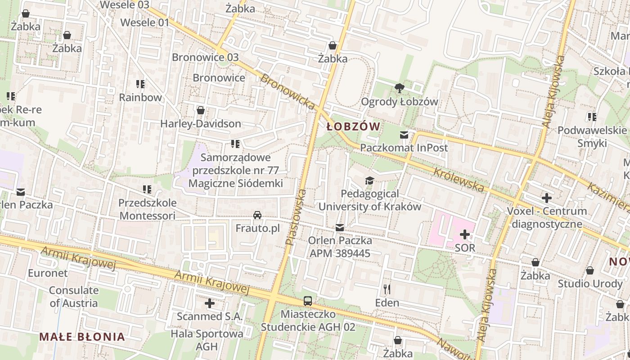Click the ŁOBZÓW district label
point(353,127)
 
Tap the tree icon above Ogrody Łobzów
point(399,88)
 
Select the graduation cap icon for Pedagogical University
point(369,180)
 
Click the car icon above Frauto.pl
point(257,215)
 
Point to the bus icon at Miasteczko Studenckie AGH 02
point(308,301)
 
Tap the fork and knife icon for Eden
point(387,288)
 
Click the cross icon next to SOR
point(465,234)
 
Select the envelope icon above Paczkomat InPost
point(404,135)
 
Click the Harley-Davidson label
point(201,123)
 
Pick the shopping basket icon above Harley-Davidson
point(201,110)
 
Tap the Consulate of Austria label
point(73,297)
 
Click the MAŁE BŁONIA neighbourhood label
point(81,337)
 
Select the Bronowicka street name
point(288,92)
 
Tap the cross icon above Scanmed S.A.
point(209,303)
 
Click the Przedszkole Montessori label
point(147,209)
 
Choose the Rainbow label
point(140,97)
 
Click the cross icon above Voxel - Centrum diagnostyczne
point(547,198)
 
